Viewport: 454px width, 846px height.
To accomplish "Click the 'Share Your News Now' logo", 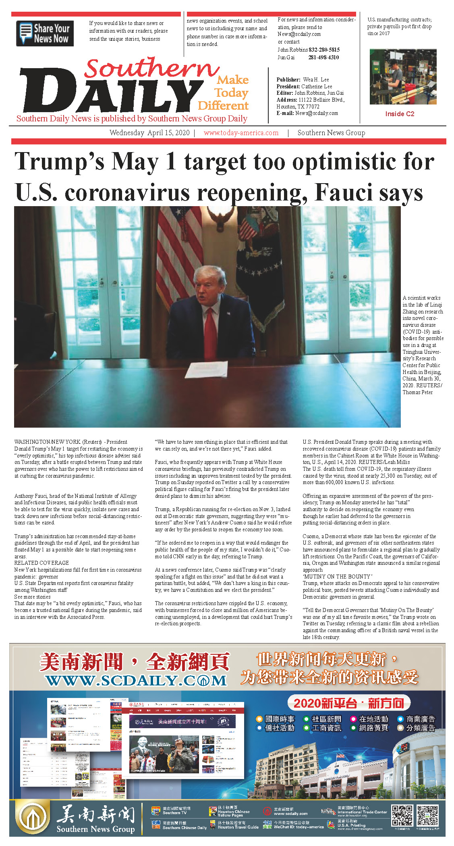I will (45, 33).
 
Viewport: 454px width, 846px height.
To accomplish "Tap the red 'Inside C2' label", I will (399, 114).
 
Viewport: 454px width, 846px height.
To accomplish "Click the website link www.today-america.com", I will (241, 133).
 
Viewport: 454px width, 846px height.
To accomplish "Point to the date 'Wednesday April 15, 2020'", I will (149, 133).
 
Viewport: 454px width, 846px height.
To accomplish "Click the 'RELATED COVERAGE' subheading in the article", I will (41, 563).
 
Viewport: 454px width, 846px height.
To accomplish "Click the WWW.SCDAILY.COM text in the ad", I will (136, 681).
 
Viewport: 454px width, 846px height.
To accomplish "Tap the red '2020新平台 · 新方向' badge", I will (348, 703).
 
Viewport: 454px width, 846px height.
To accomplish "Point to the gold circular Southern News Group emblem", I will (32, 817).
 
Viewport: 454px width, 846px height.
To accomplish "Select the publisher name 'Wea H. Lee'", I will (316, 80).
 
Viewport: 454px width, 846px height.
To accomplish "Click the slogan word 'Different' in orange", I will (223, 106).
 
